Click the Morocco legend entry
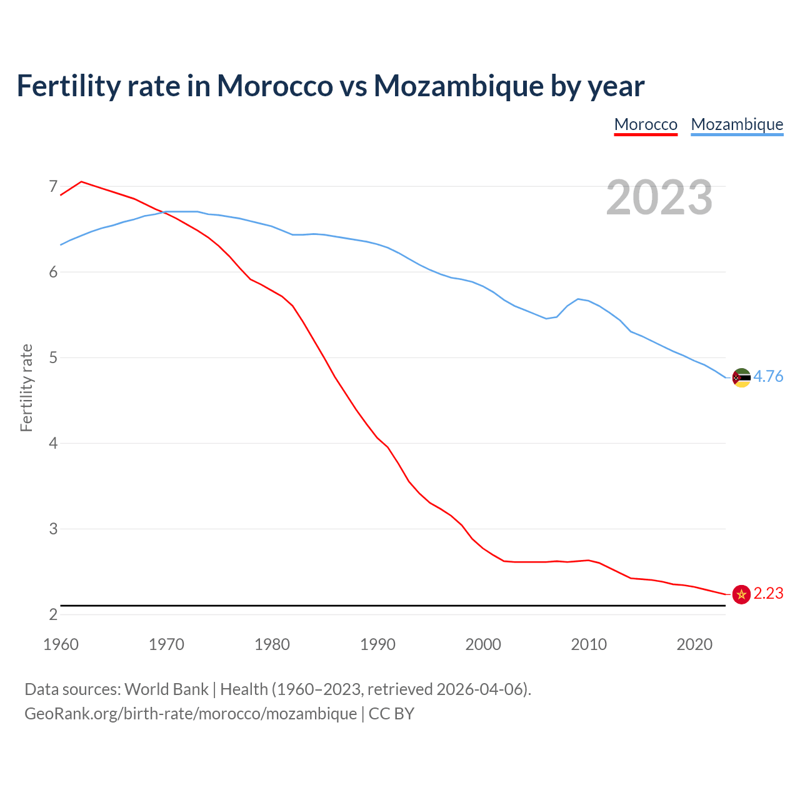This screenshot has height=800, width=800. pos(646,124)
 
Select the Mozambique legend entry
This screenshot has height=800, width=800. pos(737,124)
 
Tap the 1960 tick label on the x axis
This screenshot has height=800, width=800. pos(61,644)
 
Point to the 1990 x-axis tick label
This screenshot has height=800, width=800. pos(377,644)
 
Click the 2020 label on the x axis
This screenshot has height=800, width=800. pos(694,644)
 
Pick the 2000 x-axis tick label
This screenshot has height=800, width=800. pos(483,644)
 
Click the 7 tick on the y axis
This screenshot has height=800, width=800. pos(52,186)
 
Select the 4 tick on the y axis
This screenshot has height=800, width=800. pos(52,443)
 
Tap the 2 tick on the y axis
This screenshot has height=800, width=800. pos(52,614)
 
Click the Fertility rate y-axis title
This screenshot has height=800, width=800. pos(26,387)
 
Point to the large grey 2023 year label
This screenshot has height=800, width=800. pos(659,197)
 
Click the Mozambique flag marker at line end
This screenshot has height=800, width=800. pos(741,377)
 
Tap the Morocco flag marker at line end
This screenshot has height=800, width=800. pos(741,594)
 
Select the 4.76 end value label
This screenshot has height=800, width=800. pos(768,376)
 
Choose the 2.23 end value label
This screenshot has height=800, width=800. pos(768,593)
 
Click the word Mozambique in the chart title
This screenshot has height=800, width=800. pos(458,86)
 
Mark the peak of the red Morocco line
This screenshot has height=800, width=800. pos(81,182)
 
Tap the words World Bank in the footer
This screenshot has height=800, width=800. pos(166,689)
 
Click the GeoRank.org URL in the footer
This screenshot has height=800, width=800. pos(191,713)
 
